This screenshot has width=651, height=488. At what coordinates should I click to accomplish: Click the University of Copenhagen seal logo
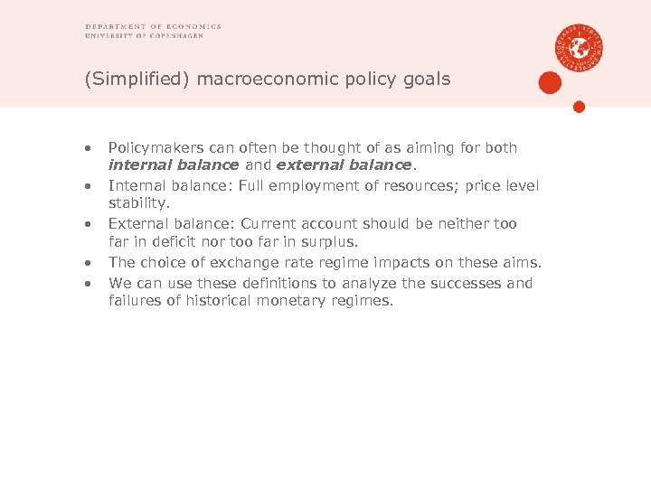[x=580, y=48]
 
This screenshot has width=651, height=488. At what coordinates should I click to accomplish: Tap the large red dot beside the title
[x=550, y=83]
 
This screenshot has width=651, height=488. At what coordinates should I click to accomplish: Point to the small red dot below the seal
[x=580, y=107]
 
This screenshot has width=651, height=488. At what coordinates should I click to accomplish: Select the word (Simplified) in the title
[x=137, y=80]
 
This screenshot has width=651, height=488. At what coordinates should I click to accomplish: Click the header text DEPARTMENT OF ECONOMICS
[x=153, y=27]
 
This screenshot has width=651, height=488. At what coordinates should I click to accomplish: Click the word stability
[x=138, y=203]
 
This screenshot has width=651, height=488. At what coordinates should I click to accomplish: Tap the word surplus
[x=330, y=242]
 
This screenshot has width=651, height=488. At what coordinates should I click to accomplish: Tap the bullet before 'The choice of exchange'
[x=89, y=263]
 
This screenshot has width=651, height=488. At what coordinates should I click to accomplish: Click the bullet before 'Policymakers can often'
[x=89, y=148]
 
